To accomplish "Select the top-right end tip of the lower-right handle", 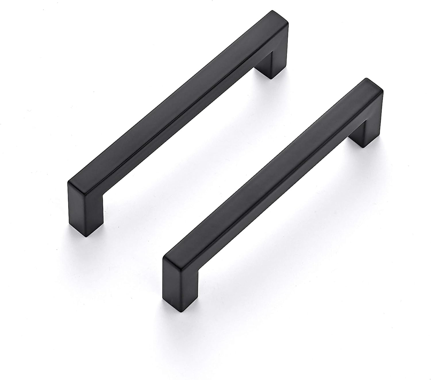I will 374,83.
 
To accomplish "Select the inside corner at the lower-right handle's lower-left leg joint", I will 198,271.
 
